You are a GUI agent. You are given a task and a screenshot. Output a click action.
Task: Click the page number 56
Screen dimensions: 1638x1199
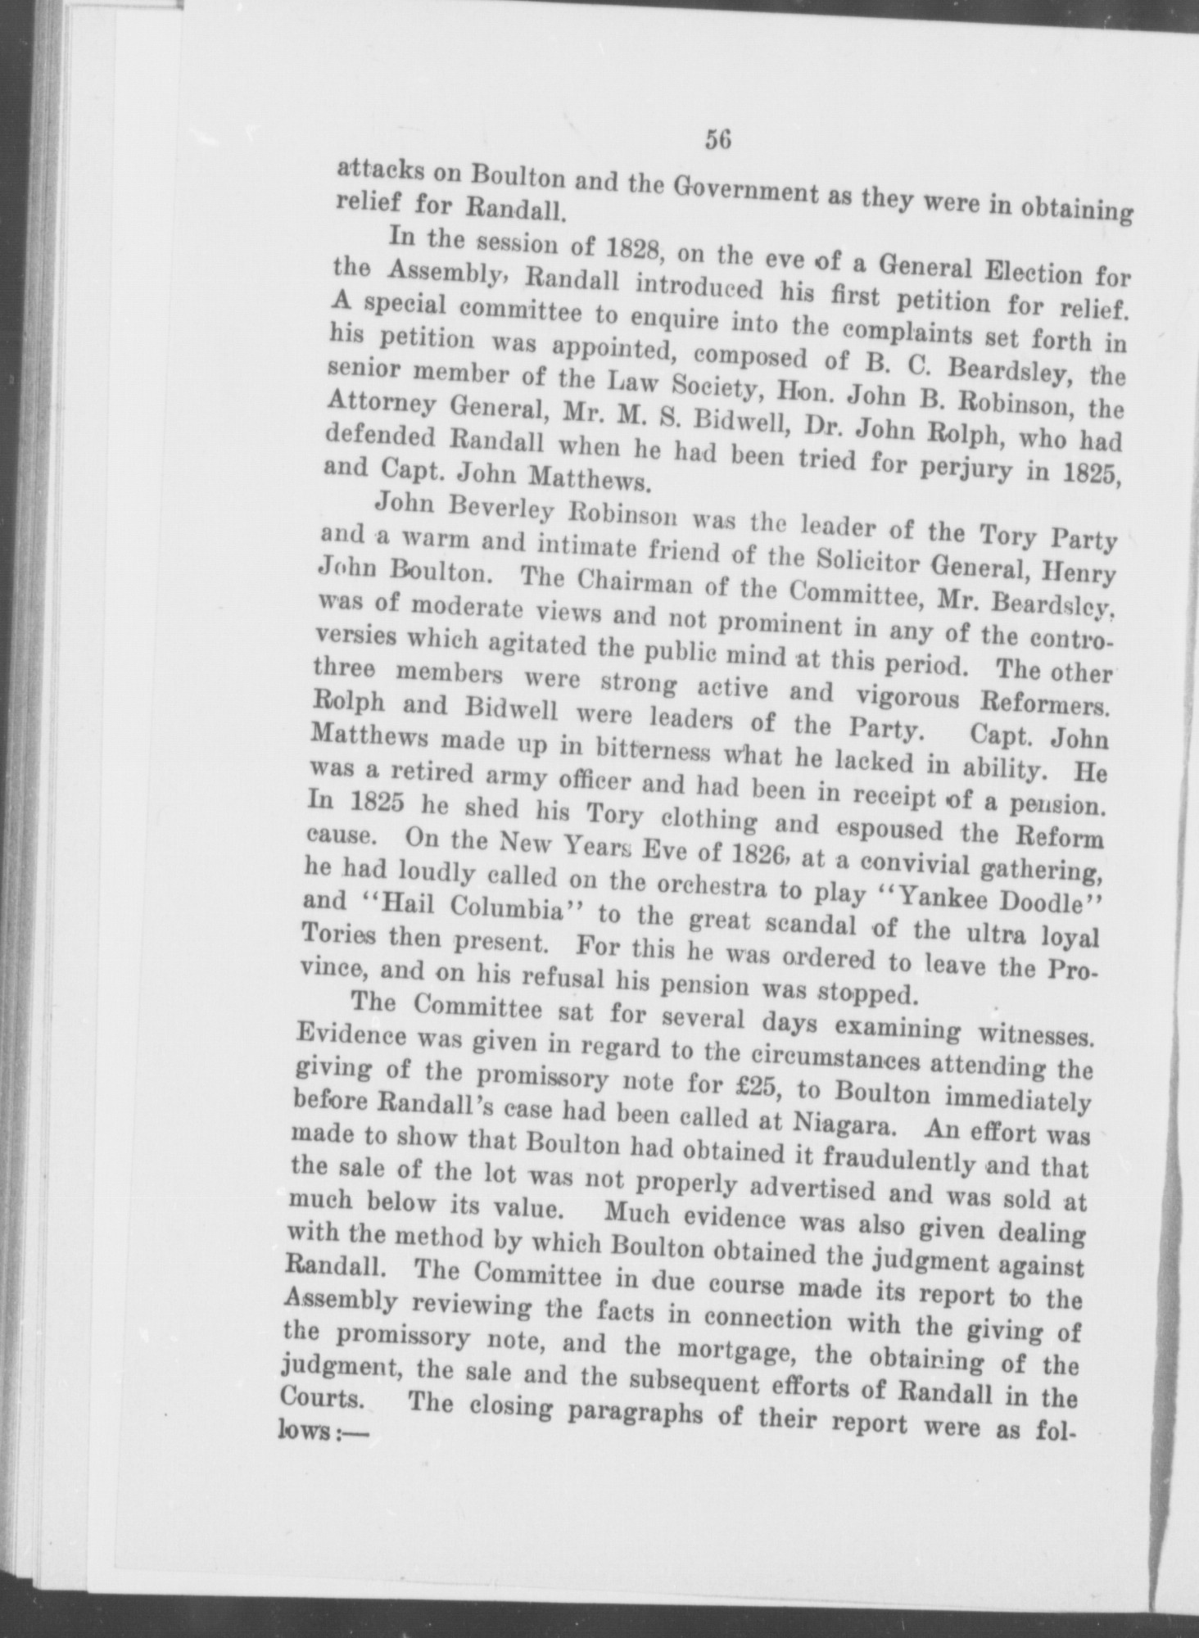(x=717, y=141)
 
